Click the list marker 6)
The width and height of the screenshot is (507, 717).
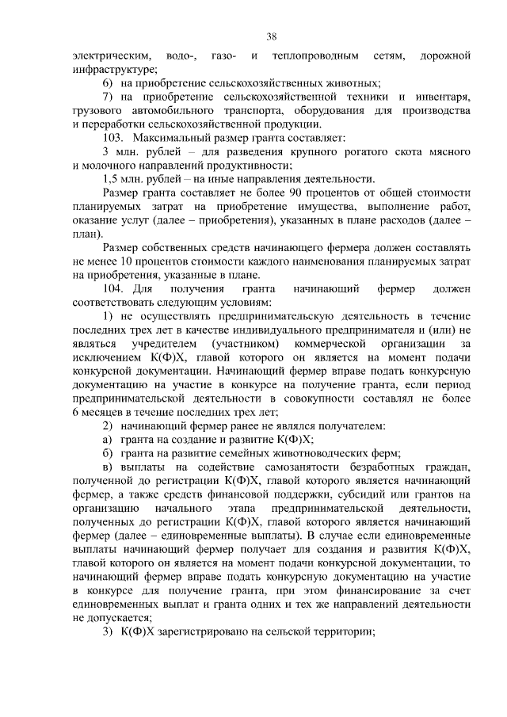click(109, 83)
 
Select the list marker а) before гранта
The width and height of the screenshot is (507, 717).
click(109, 440)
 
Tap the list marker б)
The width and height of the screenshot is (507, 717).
click(109, 454)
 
